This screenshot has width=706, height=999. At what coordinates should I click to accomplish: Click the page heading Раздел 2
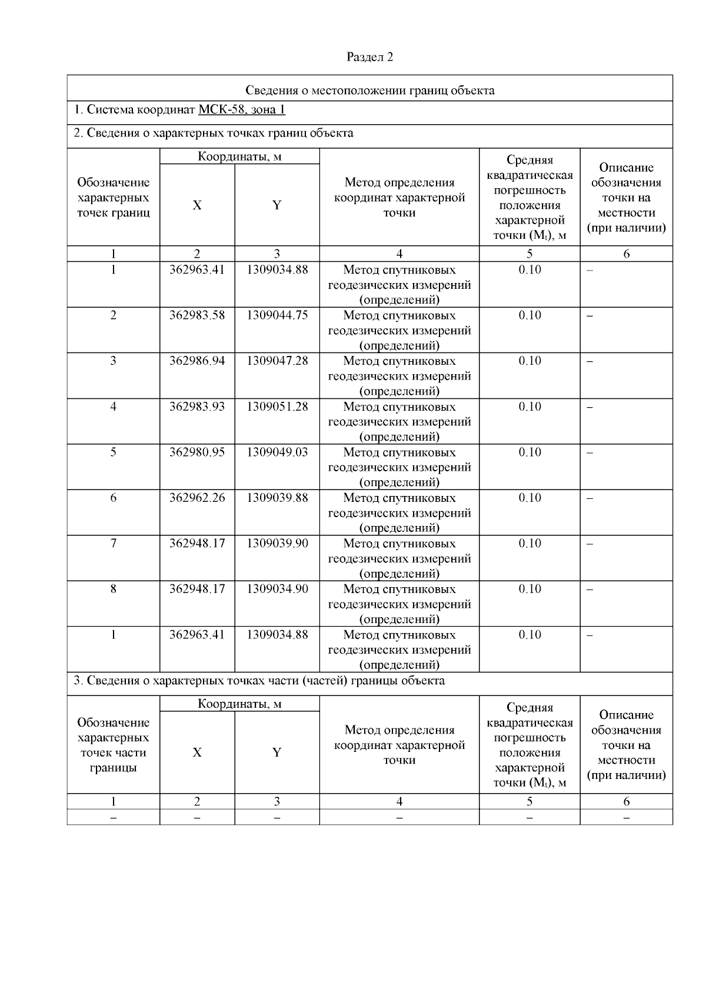coord(369,57)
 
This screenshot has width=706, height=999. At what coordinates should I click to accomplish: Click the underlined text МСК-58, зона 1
coord(242,110)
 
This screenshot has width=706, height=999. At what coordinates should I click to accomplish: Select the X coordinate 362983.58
coord(197,315)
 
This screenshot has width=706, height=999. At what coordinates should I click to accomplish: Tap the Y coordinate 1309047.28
coord(277,361)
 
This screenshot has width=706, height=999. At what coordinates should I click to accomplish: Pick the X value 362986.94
coord(197,361)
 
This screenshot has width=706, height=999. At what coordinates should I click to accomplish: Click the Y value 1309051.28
coord(277,407)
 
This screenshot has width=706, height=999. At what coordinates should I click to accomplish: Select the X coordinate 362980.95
coord(197,452)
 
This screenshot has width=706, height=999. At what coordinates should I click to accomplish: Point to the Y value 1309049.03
coord(277,452)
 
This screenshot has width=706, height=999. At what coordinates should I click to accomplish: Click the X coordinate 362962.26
coord(197,498)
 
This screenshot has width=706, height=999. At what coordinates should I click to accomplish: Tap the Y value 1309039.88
coord(277,498)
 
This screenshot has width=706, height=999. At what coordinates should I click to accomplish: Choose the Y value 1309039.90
coord(277,543)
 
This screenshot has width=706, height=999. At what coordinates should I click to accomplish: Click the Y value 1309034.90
coord(277,589)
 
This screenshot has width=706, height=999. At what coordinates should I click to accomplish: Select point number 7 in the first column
coord(114,543)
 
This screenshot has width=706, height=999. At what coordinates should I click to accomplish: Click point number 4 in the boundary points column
coord(114,407)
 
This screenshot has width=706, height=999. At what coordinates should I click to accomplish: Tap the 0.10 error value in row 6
coord(529,498)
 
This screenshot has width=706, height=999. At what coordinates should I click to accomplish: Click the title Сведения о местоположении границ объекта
coord(369,90)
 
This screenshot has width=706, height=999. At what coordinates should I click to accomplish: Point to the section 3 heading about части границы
coord(259,681)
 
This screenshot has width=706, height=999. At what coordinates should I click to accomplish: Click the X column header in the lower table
coord(197,752)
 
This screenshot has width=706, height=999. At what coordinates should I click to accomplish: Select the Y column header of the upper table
coord(277,205)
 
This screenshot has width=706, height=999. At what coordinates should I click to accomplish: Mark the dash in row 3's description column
coord(590,362)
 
